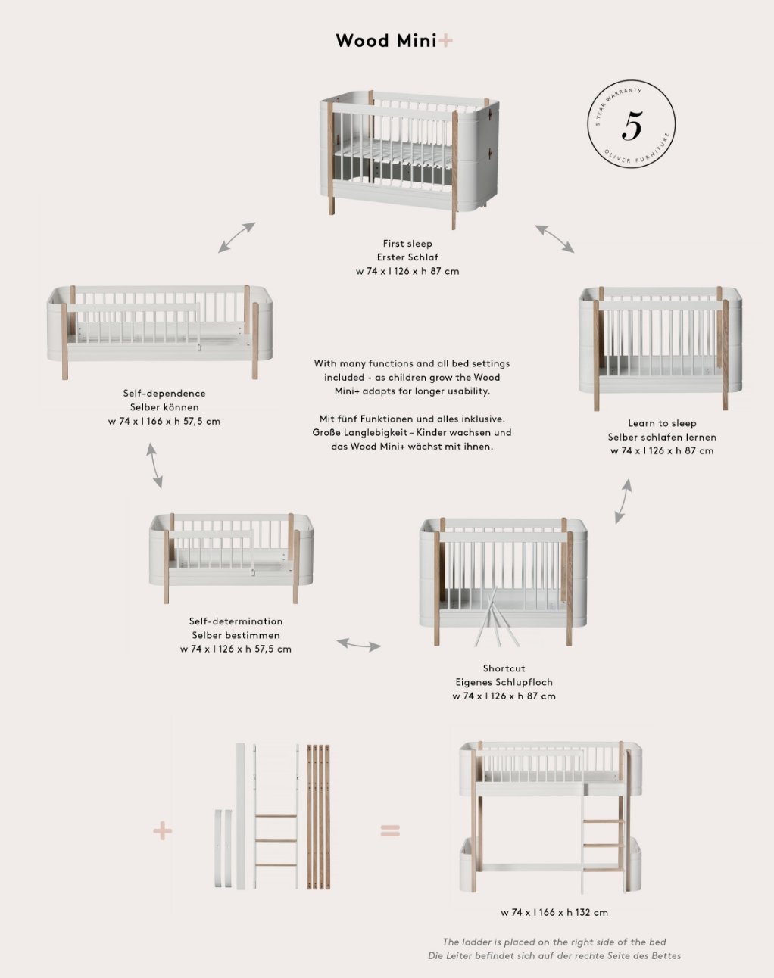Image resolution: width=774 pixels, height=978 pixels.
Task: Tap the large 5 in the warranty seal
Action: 632,126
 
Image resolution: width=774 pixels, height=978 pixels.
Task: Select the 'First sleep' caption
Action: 407,244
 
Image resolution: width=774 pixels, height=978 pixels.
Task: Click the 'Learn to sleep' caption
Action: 662,423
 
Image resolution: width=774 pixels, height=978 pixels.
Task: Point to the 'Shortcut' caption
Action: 504,668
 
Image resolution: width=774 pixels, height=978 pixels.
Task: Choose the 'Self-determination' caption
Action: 236,621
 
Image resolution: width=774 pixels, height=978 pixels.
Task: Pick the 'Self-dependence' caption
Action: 164,394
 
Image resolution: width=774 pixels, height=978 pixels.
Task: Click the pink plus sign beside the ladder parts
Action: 163,830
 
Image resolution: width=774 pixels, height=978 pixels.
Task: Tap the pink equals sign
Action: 390,830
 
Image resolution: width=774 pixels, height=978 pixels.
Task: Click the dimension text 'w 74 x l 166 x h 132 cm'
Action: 554,912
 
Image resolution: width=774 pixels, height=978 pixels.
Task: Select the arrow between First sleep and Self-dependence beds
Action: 237,237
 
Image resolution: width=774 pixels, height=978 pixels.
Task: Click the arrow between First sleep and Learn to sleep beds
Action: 554,238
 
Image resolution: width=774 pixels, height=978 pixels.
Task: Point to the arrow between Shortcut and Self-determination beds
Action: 358,645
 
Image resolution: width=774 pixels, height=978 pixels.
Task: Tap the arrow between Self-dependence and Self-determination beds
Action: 154,466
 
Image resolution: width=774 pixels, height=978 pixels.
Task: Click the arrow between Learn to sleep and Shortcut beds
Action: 623,500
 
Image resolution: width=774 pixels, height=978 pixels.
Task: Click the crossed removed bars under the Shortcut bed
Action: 496,621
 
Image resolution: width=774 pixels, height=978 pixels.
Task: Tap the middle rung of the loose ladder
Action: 276,839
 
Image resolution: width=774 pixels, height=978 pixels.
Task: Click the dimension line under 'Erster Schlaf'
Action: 407,271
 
